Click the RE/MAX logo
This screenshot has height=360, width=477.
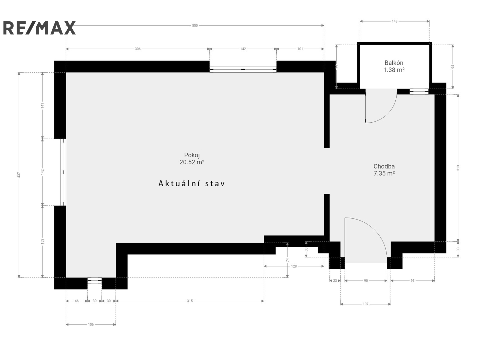(x=39, y=28)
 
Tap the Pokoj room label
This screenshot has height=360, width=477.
(x=192, y=155)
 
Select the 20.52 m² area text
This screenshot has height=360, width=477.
(x=192, y=162)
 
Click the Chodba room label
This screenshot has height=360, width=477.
(x=384, y=166)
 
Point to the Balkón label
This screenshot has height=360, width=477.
(x=394, y=63)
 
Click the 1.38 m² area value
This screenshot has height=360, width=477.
(x=394, y=70)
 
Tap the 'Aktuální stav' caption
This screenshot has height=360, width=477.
(x=192, y=184)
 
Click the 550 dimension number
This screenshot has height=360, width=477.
(x=195, y=25)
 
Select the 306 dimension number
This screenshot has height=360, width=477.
(x=138, y=49)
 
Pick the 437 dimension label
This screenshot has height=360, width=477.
(x=19, y=175)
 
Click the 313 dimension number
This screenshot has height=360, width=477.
(x=458, y=168)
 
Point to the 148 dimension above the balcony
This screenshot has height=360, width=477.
(x=394, y=21)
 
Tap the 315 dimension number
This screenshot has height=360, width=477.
(x=190, y=301)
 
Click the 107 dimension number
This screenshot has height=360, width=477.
(x=366, y=304)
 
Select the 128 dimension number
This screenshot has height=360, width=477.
(x=294, y=266)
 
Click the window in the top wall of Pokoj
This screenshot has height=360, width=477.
(x=243, y=70)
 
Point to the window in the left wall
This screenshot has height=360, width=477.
(x=63, y=172)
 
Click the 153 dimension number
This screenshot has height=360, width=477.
(x=42, y=241)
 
